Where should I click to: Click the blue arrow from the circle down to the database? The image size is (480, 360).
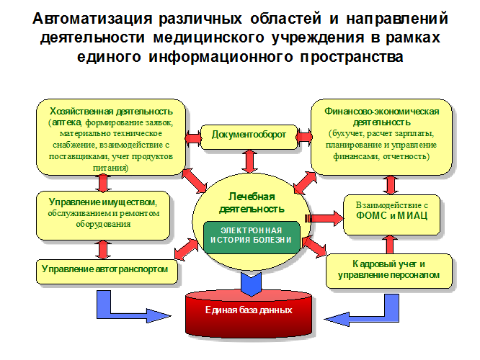[x=249, y=282]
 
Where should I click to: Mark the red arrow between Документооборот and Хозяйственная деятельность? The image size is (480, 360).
[x=193, y=135]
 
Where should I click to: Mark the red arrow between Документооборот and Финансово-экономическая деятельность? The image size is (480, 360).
[x=300, y=135]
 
